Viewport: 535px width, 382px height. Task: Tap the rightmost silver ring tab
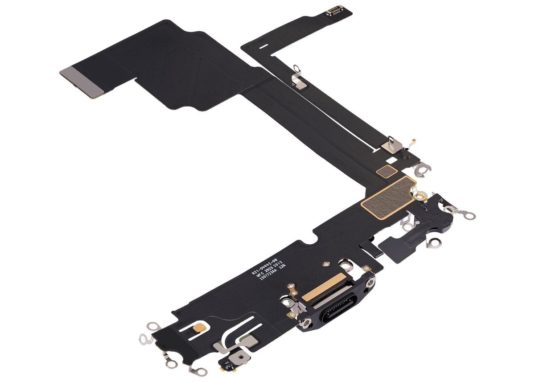pyautogui.click(x=469, y=215)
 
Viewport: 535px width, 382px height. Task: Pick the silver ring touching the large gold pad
pyautogui.click(x=420, y=195)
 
